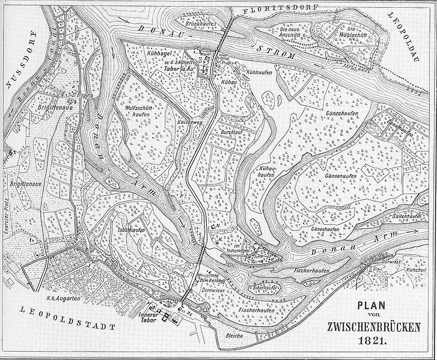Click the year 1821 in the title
coord(373,339)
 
